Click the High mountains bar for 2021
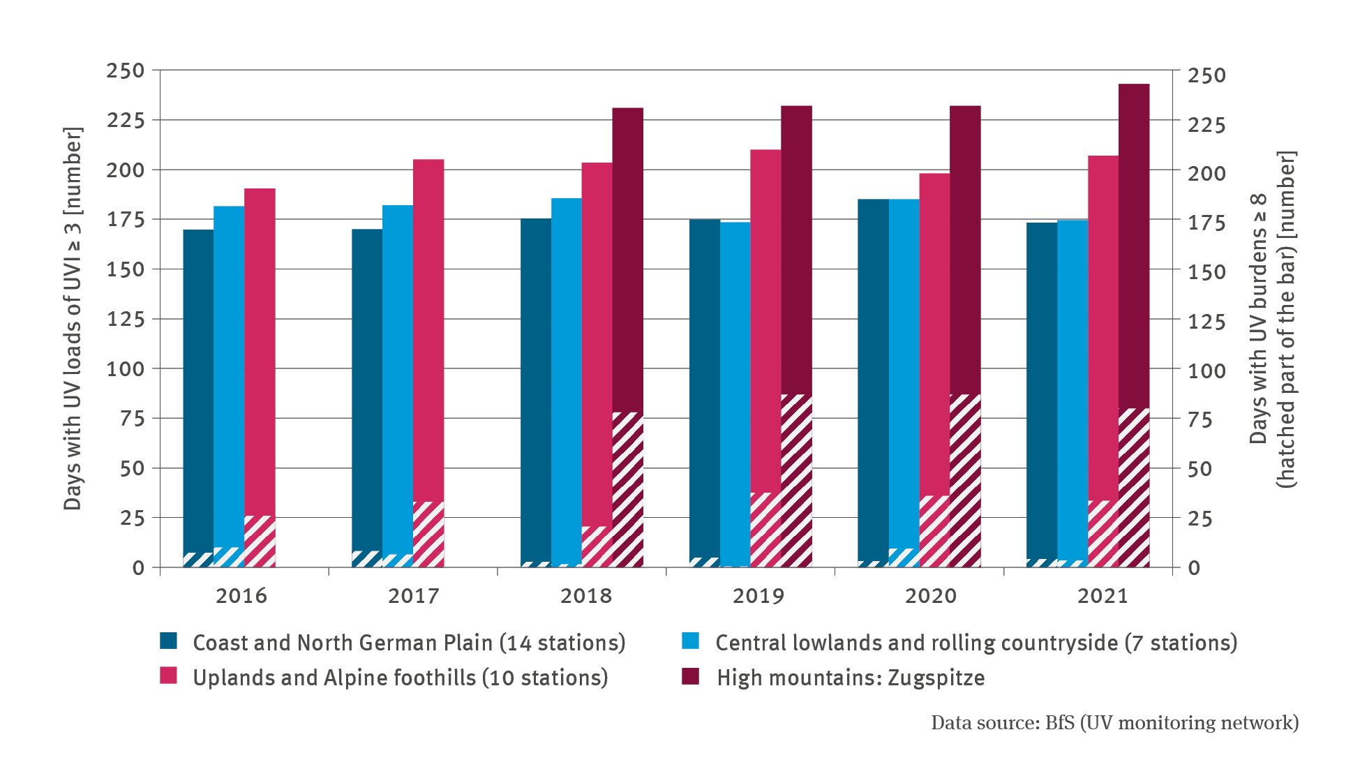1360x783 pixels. pyautogui.click(x=1133, y=244)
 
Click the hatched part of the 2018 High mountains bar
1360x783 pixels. pyautogui.click(x=627, y=489)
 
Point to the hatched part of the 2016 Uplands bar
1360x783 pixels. pyautogui.click(x=260, y=542)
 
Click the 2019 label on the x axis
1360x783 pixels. pyautogui.click(x=759, y=596)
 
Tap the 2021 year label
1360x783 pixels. pyautogui.click(x=1103, y=596)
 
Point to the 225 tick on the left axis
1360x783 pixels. pyautogui.click(x=126, y=120)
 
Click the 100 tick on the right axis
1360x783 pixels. pyautogui.click(x=1207, y=371)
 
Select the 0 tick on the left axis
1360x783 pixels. pyautogui.click(x=138, y=568)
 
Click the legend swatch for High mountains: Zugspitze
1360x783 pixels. pyautogui.click(x=691, y=676)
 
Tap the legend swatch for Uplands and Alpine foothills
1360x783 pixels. pyautogui.click(x=168, y=676)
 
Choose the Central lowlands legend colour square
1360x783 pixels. pyautogui.click(x=691, y=641)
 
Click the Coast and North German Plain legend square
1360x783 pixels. pyautogui.click(x=168, y=641)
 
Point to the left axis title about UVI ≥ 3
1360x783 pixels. pyautogui.click(x=73, y=318)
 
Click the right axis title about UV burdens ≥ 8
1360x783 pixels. pyautogui.click(x=1272, y=318)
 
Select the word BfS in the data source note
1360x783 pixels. pyautogui.click(x=1060, y=723)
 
